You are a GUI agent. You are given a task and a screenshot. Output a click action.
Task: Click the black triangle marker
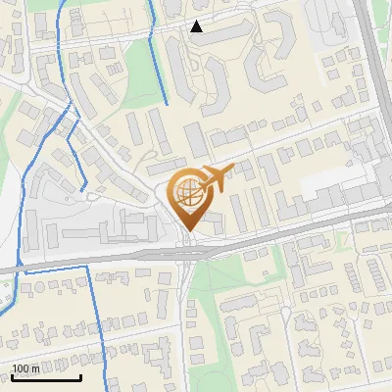coord(197,26)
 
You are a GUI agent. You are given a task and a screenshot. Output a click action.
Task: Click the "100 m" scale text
coord(26,368)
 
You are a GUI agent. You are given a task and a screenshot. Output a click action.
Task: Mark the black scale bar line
coord(45,377)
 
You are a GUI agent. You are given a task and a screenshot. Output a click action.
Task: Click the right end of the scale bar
coord(80,377)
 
